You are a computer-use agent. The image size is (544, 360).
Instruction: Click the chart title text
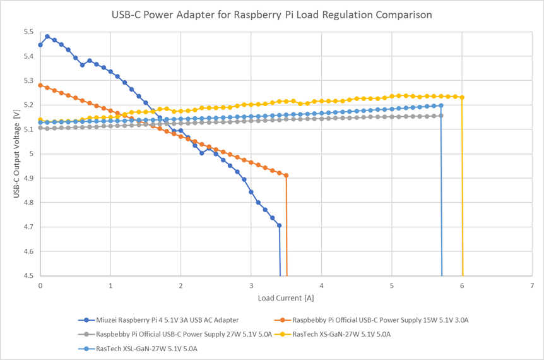272,14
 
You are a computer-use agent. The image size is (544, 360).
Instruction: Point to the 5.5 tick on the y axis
28,32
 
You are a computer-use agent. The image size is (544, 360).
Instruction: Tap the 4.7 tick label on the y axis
28,227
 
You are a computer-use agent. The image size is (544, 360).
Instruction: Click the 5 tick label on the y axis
32,153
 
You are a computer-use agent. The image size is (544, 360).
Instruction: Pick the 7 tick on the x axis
533,285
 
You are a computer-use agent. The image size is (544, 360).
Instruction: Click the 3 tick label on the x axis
251,285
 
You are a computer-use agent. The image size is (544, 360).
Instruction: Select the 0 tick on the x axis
40,285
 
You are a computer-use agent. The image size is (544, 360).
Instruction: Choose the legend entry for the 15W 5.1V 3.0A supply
384,320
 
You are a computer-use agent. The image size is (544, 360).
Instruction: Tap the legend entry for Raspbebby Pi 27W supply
184,334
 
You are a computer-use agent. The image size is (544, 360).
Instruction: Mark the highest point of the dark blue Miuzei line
47,37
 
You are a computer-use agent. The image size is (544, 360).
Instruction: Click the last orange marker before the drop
287,176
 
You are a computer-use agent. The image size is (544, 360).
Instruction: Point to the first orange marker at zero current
40,85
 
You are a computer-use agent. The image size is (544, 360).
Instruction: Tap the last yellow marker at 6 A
463,97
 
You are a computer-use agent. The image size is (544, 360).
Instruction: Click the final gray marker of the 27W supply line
441,116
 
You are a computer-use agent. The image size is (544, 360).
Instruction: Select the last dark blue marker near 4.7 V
280,225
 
